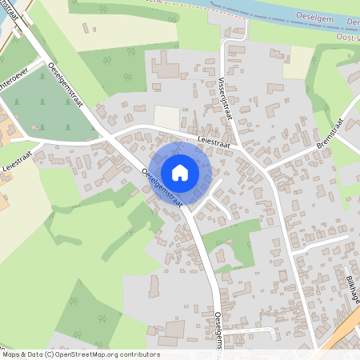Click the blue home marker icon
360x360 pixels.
pos(179,172)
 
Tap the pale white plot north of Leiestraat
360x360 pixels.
pos(166,117)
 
